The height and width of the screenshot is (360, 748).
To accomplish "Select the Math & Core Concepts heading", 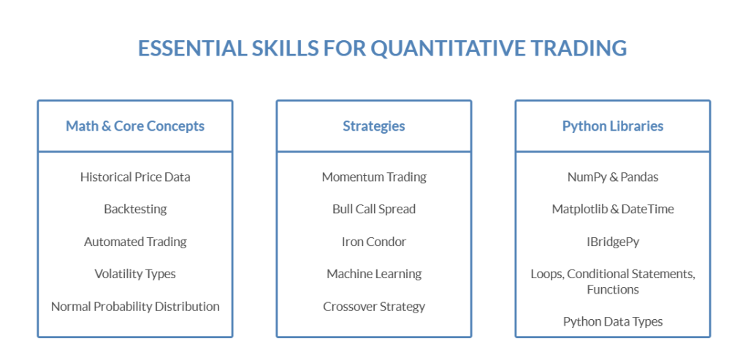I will (135, 126).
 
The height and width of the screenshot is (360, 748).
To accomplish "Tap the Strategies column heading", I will (374, 126).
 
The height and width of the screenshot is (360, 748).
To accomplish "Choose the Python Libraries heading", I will (613, 126).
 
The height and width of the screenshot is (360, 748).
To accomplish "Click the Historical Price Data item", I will (135, 177).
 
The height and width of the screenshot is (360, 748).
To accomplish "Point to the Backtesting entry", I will (135, 209).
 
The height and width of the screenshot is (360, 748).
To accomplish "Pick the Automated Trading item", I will (135, 242).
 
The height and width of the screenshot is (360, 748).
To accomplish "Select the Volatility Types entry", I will (135, 274).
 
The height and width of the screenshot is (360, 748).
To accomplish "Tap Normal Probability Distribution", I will (135, 307).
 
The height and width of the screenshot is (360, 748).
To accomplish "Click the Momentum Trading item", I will (374, 177).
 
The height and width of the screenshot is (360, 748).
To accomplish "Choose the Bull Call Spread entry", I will (374, 209).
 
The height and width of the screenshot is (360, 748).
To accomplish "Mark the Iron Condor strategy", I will (374, 242).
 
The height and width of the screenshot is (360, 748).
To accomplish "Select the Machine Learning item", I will (374, 274).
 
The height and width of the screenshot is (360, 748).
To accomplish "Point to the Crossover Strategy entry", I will (374, 307).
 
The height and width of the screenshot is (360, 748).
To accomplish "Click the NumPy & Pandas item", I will (613, 177).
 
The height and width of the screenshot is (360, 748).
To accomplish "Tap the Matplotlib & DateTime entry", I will (613, 209).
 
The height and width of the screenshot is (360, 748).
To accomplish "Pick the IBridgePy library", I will (613, 242).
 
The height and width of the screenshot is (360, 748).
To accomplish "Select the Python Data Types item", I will (613, 321).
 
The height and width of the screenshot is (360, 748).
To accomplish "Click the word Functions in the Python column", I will (613, 290).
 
